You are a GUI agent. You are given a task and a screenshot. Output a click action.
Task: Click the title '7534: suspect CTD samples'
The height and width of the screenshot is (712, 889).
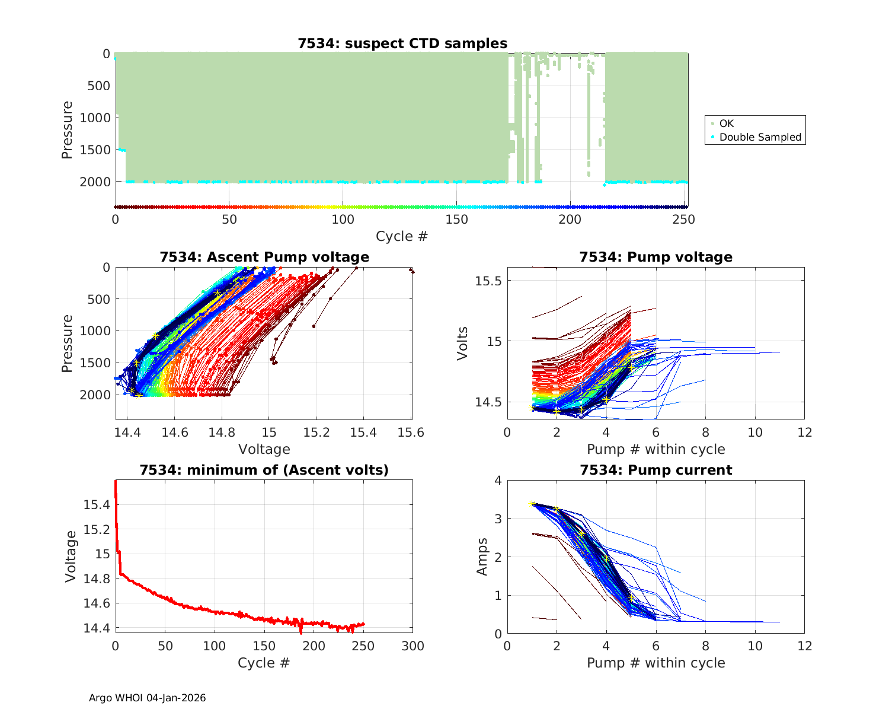tap(402, 43)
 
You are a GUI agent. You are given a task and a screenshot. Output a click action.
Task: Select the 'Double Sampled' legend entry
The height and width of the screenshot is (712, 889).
tap(760, 137)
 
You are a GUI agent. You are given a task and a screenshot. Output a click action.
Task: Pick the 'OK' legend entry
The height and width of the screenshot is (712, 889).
tap(726, 123)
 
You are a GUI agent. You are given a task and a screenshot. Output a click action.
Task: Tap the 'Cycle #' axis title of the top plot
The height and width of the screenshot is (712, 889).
tap(401, 236)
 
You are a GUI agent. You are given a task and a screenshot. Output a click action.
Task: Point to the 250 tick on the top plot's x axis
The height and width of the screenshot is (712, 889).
tap(683, 220)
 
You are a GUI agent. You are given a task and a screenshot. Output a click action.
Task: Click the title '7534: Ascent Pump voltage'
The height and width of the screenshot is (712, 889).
tap(264, 257)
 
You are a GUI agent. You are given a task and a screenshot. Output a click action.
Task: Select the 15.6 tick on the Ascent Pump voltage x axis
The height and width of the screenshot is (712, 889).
tap(411, 433)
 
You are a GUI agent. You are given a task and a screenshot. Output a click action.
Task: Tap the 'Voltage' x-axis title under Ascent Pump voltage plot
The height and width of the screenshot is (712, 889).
tap(264, 449)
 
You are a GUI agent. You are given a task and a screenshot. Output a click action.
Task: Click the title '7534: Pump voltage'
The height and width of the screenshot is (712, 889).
tap(655, 257)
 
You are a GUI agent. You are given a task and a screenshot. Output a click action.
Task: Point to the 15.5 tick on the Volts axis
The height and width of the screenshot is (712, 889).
tap(488, 280)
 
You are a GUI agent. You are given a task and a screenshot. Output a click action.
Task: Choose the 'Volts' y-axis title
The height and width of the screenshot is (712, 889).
tap(462, 343)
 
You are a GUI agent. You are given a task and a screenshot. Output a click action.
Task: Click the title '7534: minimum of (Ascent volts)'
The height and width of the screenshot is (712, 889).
tap(264, 470)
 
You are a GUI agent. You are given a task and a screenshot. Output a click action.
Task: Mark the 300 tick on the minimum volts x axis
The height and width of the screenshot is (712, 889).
tap(412, 646)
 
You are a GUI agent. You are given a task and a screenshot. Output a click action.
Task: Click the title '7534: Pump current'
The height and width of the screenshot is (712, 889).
tap(655, 470)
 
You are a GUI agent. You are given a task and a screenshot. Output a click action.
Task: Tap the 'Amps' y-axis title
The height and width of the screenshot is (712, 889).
tap(482, 556)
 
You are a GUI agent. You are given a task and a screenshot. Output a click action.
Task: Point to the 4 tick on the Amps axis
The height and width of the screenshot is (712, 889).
tap(497, 480)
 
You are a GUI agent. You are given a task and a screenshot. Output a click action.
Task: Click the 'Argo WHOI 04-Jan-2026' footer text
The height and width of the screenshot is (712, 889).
tap(147, 698)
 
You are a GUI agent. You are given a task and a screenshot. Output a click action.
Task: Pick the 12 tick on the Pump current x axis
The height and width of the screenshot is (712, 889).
tap(804, 646)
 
